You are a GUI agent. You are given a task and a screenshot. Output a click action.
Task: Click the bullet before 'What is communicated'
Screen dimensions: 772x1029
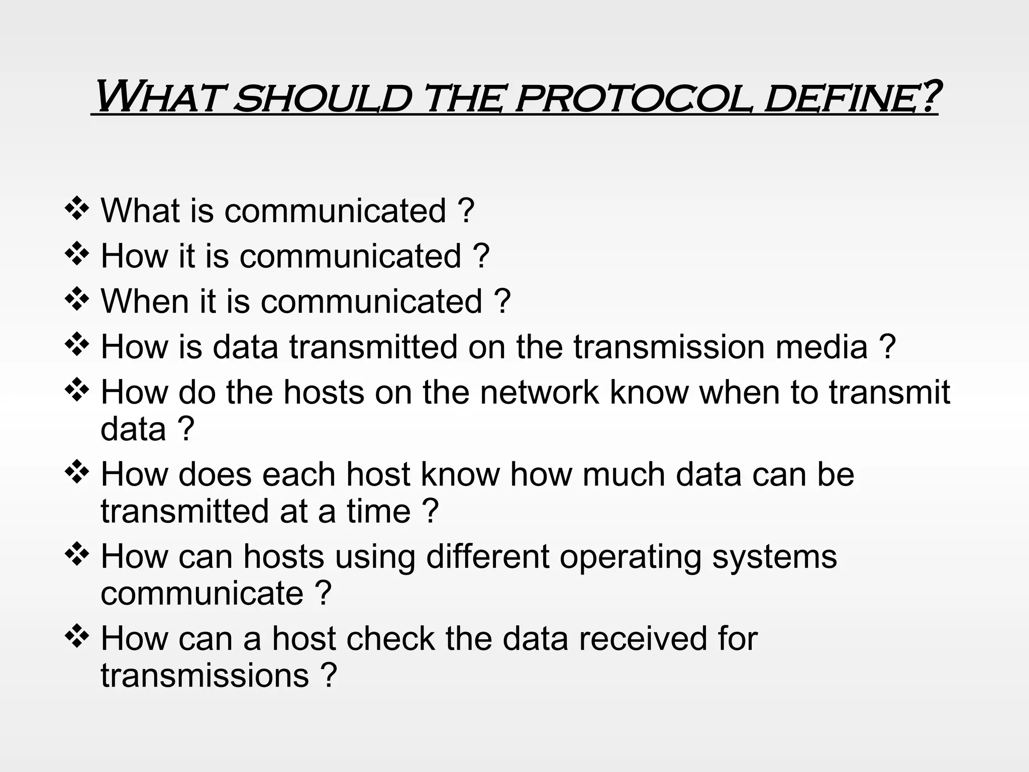77,209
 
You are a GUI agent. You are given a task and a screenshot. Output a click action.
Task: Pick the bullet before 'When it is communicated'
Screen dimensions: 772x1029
77,300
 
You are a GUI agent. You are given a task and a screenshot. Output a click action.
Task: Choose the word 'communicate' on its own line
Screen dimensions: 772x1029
202,593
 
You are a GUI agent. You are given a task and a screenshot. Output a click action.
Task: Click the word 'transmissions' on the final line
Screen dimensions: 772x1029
204,675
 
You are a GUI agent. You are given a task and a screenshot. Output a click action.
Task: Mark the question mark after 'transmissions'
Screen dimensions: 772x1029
328,675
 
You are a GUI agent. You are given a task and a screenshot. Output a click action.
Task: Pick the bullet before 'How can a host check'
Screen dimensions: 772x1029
77,637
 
